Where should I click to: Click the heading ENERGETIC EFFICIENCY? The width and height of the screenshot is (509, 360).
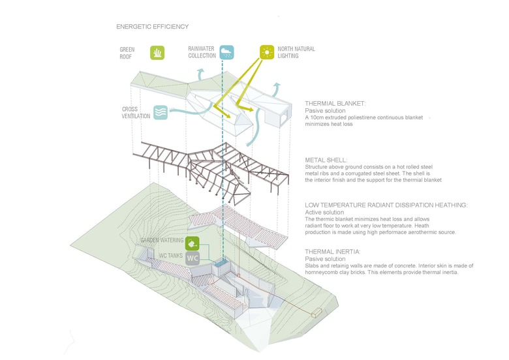(x=152, y=27)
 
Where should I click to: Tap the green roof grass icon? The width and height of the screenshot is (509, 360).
(x=157, y=53)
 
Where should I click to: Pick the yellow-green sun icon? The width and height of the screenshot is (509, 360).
(x=266, y=52)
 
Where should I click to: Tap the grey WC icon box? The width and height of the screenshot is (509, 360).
(x=193, y=258)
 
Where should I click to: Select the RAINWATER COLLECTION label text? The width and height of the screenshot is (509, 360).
(x=202, y=53)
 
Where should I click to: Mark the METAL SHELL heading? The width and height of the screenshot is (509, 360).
(x=327, y=160)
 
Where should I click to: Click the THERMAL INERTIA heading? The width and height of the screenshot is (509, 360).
(x=332, y=251)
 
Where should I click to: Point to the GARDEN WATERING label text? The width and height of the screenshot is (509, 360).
(x=162, y=241)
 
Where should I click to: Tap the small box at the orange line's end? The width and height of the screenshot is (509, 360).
(x=318, y=314)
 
